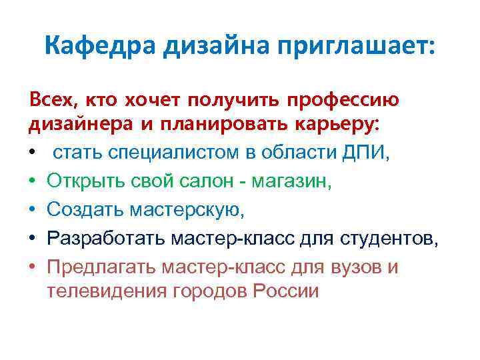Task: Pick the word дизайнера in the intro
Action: tap(72, 125)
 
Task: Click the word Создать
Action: tap(82, 210)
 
